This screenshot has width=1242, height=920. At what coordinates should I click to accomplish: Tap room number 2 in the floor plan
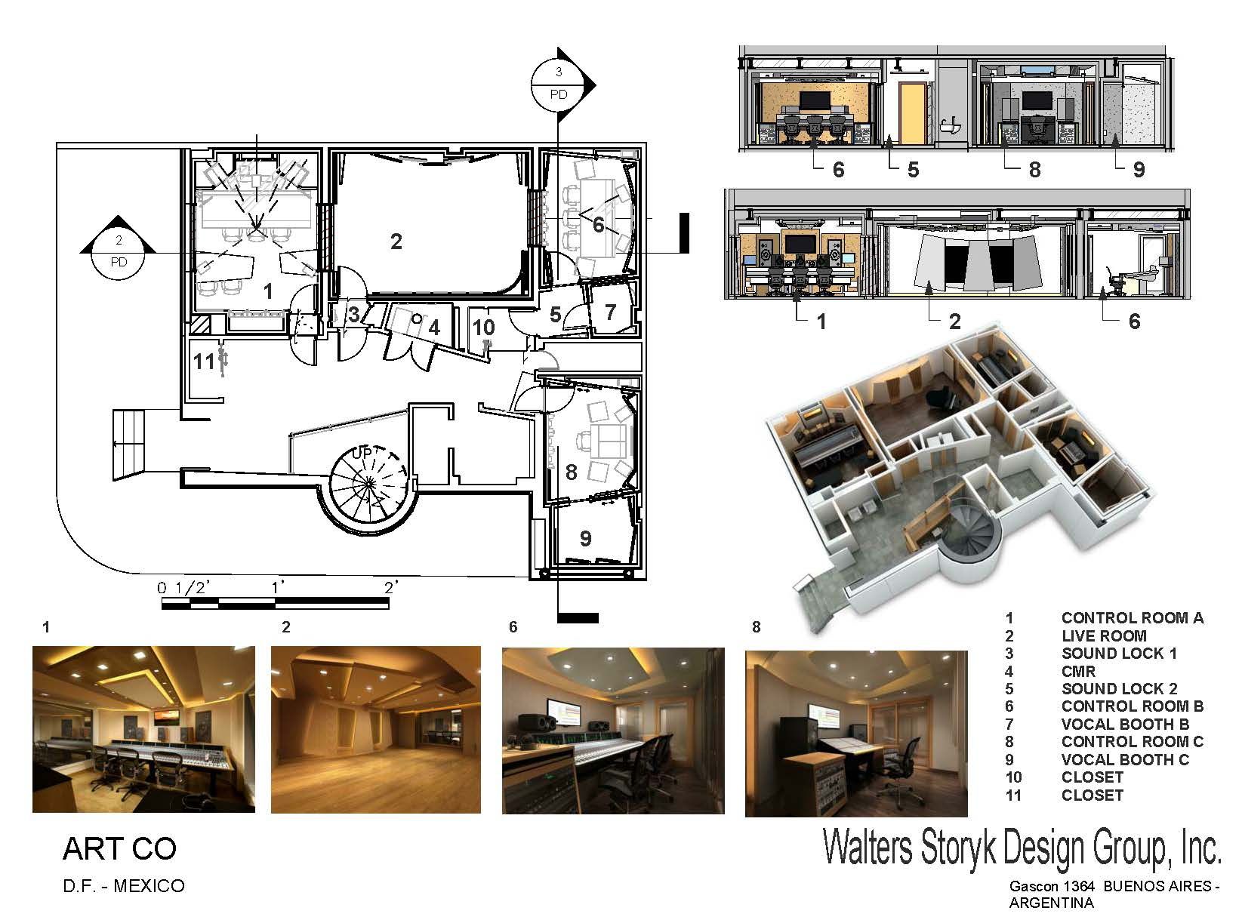(396, 242)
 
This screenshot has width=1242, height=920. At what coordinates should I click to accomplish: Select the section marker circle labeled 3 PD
(559, 84)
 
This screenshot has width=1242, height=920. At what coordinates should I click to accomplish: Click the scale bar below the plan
(276, 603)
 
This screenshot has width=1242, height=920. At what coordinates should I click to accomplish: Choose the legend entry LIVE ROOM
(1103, 635)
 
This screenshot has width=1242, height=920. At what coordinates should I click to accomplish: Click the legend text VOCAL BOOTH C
(1124, 759)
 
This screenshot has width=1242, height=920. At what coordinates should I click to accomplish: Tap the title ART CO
(119, 849)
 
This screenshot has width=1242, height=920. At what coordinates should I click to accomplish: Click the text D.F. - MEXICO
(124, 885)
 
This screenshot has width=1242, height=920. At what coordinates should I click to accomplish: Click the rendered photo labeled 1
(143, 728)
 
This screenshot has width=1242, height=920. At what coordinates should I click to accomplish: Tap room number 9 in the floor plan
(585, 538)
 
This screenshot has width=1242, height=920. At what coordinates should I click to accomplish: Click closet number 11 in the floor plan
(203, 362)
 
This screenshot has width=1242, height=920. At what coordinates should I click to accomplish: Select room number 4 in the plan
(433, 328)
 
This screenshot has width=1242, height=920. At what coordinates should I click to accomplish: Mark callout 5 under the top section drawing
(913, 170)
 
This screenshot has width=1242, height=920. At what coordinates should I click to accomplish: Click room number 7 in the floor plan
(610, 311)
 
